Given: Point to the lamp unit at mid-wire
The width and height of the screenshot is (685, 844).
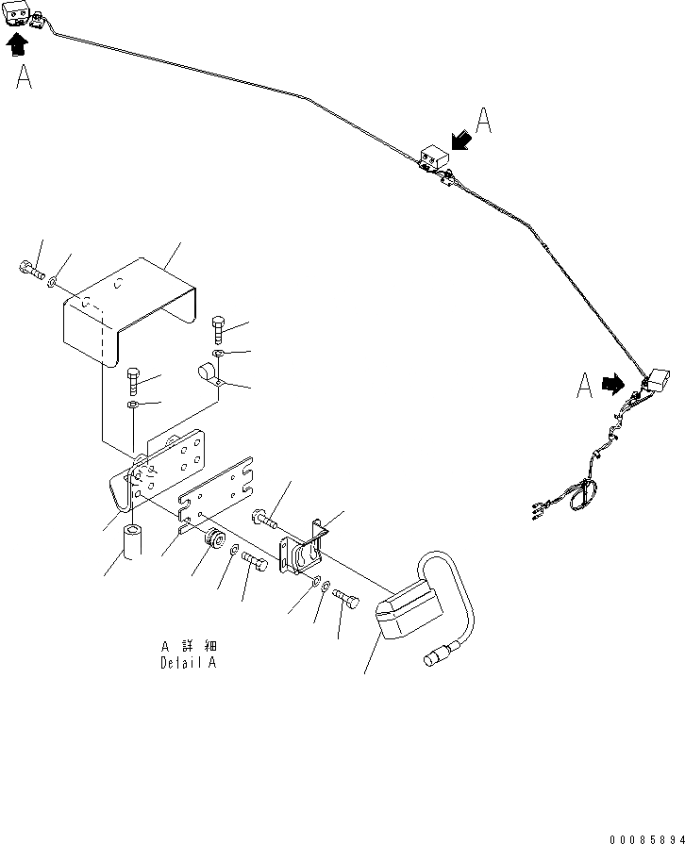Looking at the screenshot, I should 432,157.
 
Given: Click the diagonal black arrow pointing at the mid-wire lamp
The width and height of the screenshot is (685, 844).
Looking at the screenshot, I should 462,140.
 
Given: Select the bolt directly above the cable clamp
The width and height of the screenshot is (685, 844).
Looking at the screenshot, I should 219,330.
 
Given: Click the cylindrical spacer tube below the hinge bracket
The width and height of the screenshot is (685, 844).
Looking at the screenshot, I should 132,543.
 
